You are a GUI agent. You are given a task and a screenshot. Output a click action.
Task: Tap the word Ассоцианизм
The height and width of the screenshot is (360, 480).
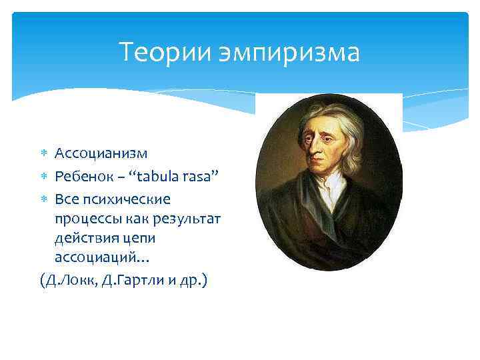101,155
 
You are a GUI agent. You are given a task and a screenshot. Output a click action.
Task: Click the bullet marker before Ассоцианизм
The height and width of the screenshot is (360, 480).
43,155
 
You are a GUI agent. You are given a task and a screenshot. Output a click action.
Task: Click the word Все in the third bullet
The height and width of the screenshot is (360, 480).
66,199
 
